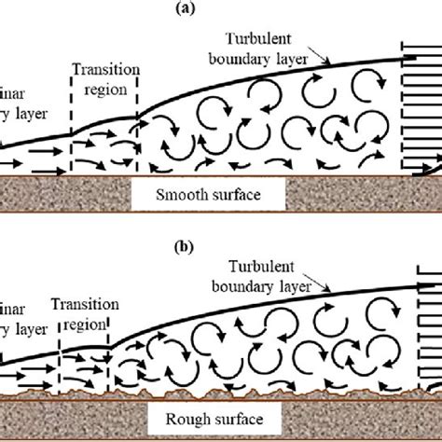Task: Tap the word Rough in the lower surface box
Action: (x=189, y=417)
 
